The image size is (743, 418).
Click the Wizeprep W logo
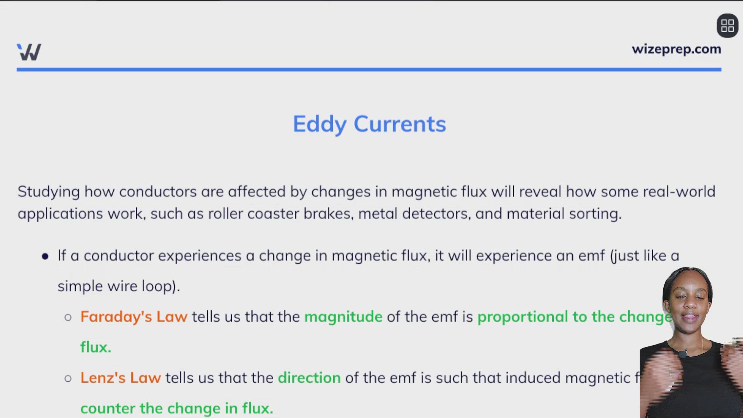coord(29,52)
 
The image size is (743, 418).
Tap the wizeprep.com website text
coord(676,49)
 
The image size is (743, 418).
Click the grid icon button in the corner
coord(728,26)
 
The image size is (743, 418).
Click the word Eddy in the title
coord(320,124)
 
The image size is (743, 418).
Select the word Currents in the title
coord(400,124)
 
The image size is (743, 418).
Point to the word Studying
coord(49,192)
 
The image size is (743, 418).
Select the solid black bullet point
coord(45,256)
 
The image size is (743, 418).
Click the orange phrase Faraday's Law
coord(134,317)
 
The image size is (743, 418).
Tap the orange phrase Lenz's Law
coord(120,378)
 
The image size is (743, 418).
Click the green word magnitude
coord(343,317)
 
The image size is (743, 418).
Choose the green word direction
coord(309,378)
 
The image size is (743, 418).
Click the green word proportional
coord(522,317)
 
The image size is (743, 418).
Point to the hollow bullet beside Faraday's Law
coord(68,318)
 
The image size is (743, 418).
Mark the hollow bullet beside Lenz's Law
coord(68,379)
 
